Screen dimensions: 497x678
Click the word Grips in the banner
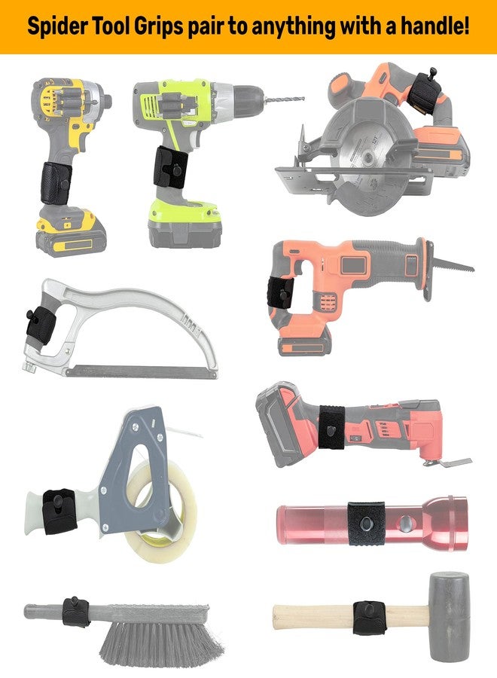[x=158, y=27]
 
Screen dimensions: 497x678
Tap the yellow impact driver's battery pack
[x=70, y=233]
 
